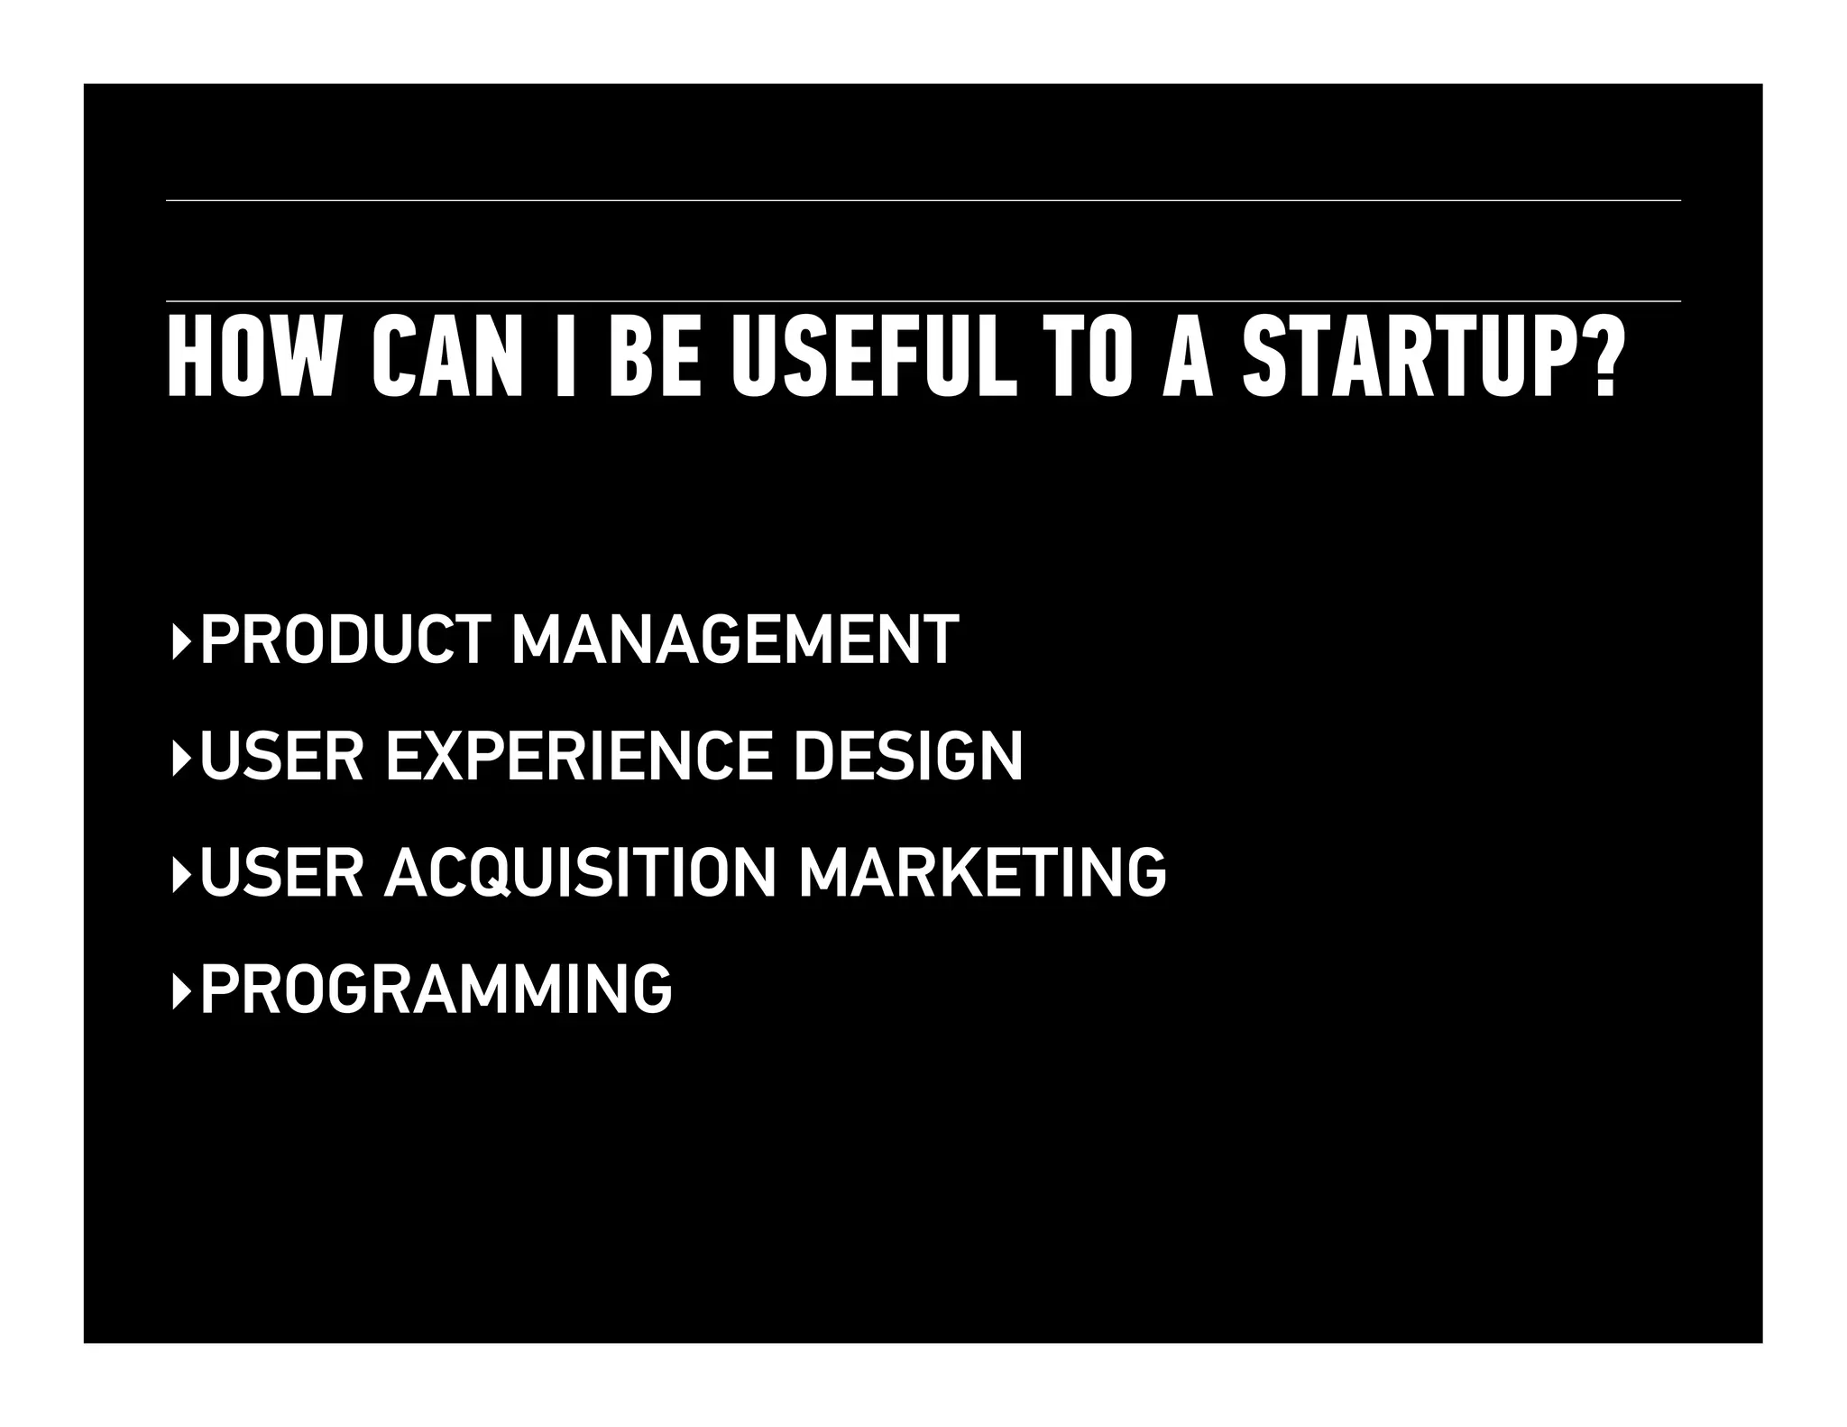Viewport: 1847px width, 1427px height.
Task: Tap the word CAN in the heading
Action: click(x=448, y=357)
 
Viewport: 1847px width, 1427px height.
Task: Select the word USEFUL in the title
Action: click(x=874, y=357)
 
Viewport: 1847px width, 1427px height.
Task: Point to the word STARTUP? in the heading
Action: click(x=1433, y=357)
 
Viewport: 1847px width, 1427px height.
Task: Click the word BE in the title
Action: click(x=655, y=357)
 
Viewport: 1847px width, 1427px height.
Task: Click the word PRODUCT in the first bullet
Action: click(x=346, y=640)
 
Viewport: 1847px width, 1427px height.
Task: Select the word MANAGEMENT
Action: click(x=735, y=640)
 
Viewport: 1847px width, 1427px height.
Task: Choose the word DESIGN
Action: click(x=908, y=756)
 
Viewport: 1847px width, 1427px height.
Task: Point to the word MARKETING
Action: click(x=982, y=872)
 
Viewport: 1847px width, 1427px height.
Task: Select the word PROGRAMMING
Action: click(x=436, y=989)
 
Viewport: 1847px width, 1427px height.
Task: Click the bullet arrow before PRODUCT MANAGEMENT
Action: click(x=181, y=641)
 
